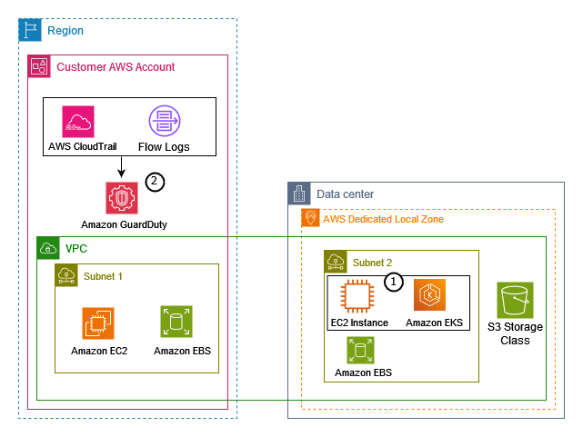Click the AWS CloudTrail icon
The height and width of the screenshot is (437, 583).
click(x=79, y=122)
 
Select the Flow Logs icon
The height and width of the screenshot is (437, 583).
click(x=164, y=122)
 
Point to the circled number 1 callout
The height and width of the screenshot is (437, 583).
click(x=393, y=283)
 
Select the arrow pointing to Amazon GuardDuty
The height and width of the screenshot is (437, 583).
click(x=121, y=167)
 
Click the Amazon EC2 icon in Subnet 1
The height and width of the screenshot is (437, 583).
click(x=98, y=323)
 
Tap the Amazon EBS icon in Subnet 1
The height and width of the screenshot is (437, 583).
click(x=176, y=323)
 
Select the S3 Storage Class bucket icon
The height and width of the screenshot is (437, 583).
click(x=515, y=300)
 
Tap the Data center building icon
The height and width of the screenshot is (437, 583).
click(x=299, y=194)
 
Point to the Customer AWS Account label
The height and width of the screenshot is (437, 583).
click(x=116, y=66)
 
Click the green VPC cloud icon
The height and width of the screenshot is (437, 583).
click(x=48, y=248)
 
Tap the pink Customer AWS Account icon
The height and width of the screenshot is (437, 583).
click(x=39, y=66)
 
